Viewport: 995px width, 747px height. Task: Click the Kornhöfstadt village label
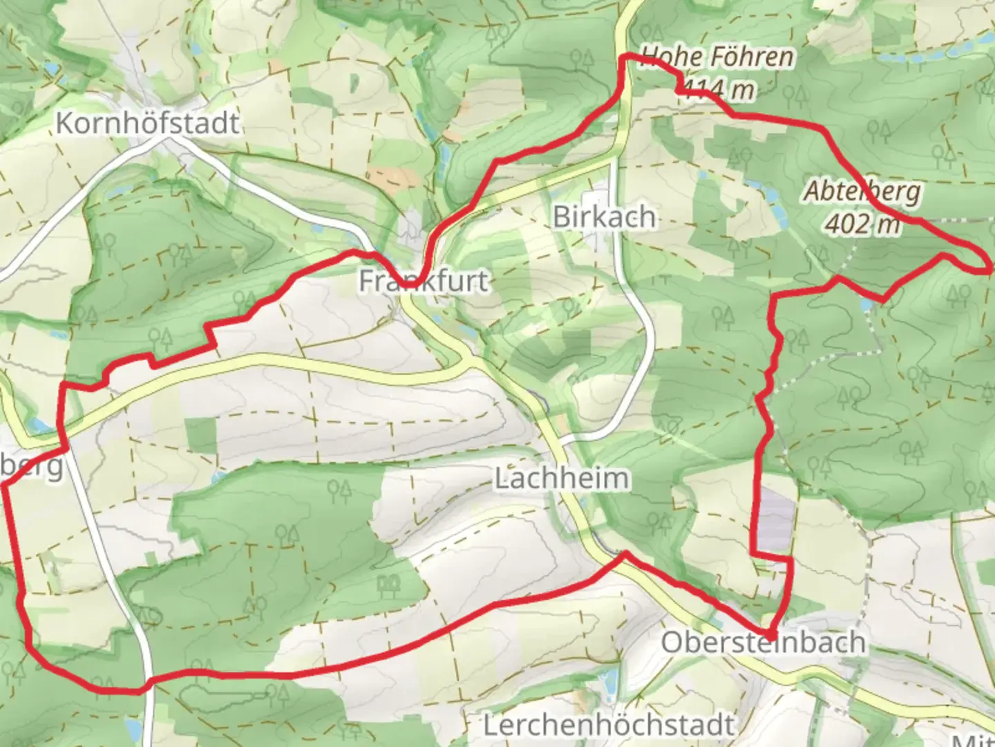point(147,123)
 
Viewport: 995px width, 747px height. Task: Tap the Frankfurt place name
point(424,281)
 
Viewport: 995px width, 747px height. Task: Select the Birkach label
point(604,217)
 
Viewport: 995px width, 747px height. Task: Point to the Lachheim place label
point(562,478)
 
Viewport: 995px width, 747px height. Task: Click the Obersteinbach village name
point(764,643)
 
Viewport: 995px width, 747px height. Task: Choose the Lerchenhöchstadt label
point(608,725)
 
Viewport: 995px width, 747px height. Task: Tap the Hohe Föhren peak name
point(717,57)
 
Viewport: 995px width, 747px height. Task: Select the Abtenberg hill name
point(862,192)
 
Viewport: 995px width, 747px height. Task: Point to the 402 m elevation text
point(863,223)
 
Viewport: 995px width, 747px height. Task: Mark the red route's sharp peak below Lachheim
point(625,553)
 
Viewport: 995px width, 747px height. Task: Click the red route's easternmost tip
point(989,268)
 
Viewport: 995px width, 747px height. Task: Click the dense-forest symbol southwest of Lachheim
point(389,587)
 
